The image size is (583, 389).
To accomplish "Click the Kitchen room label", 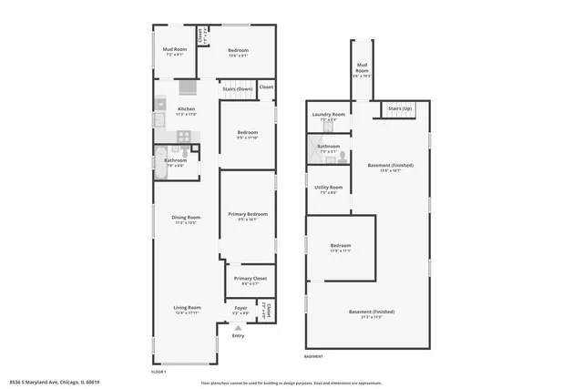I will (x=186, y=109).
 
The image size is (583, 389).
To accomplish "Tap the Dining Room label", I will (x=186, y=218).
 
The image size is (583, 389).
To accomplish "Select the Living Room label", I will (x=187, y=308).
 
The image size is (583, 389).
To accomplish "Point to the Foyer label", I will (x=240, y=308).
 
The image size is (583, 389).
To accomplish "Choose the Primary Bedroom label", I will (x=249, y=214).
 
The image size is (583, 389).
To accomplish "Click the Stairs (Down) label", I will (x=238, y=88).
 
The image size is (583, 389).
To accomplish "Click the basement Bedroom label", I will (x=341, y=245).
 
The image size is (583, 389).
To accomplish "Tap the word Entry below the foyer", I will (x=238, y=336).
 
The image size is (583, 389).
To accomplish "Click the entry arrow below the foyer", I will (x=238, y=327).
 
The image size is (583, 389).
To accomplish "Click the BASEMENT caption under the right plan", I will (x=313, y=356).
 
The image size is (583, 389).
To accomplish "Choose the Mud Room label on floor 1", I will (x=175, y=50).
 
